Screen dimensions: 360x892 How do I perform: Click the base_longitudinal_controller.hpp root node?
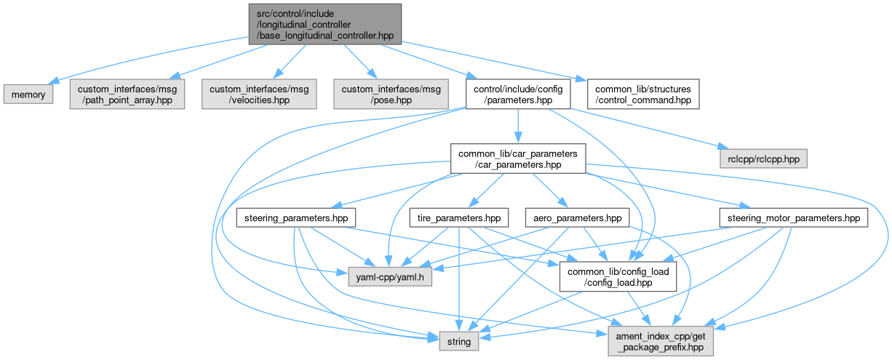324,23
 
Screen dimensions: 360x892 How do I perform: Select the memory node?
28,95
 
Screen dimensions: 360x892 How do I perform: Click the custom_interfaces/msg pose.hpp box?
391,95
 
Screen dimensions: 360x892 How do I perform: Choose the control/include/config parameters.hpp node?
517,95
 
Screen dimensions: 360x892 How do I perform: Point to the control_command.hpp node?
642,95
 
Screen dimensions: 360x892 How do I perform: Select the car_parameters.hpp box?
517,158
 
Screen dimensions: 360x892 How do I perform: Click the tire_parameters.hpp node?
458,217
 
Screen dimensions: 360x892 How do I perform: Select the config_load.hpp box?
617,276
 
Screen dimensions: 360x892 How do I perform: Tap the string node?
458,340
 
